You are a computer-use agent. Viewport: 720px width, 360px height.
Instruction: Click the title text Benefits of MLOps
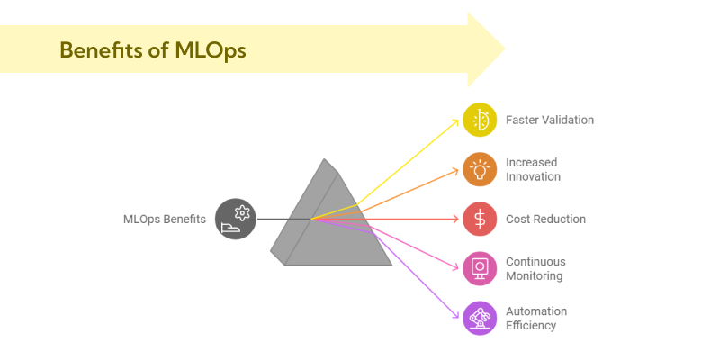152,49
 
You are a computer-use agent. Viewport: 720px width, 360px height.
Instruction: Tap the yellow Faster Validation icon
480,120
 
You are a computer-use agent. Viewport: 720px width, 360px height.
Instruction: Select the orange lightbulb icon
480,169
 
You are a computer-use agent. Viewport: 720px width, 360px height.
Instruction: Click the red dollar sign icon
480,219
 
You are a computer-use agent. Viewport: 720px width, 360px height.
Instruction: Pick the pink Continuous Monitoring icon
480,268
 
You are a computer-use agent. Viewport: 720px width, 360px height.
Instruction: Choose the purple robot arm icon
480,318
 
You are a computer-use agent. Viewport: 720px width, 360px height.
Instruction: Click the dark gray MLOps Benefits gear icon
236,219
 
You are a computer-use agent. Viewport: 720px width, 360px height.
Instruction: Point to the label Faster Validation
550,120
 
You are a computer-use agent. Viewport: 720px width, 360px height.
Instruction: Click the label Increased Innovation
533,169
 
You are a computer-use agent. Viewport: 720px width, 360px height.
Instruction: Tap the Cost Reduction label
545,219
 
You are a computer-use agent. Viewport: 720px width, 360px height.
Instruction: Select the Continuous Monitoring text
535,268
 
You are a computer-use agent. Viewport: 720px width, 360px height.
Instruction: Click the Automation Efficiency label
536,318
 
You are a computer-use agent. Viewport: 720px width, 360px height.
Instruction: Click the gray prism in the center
328,220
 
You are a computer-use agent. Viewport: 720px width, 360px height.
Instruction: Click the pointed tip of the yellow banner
504,49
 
